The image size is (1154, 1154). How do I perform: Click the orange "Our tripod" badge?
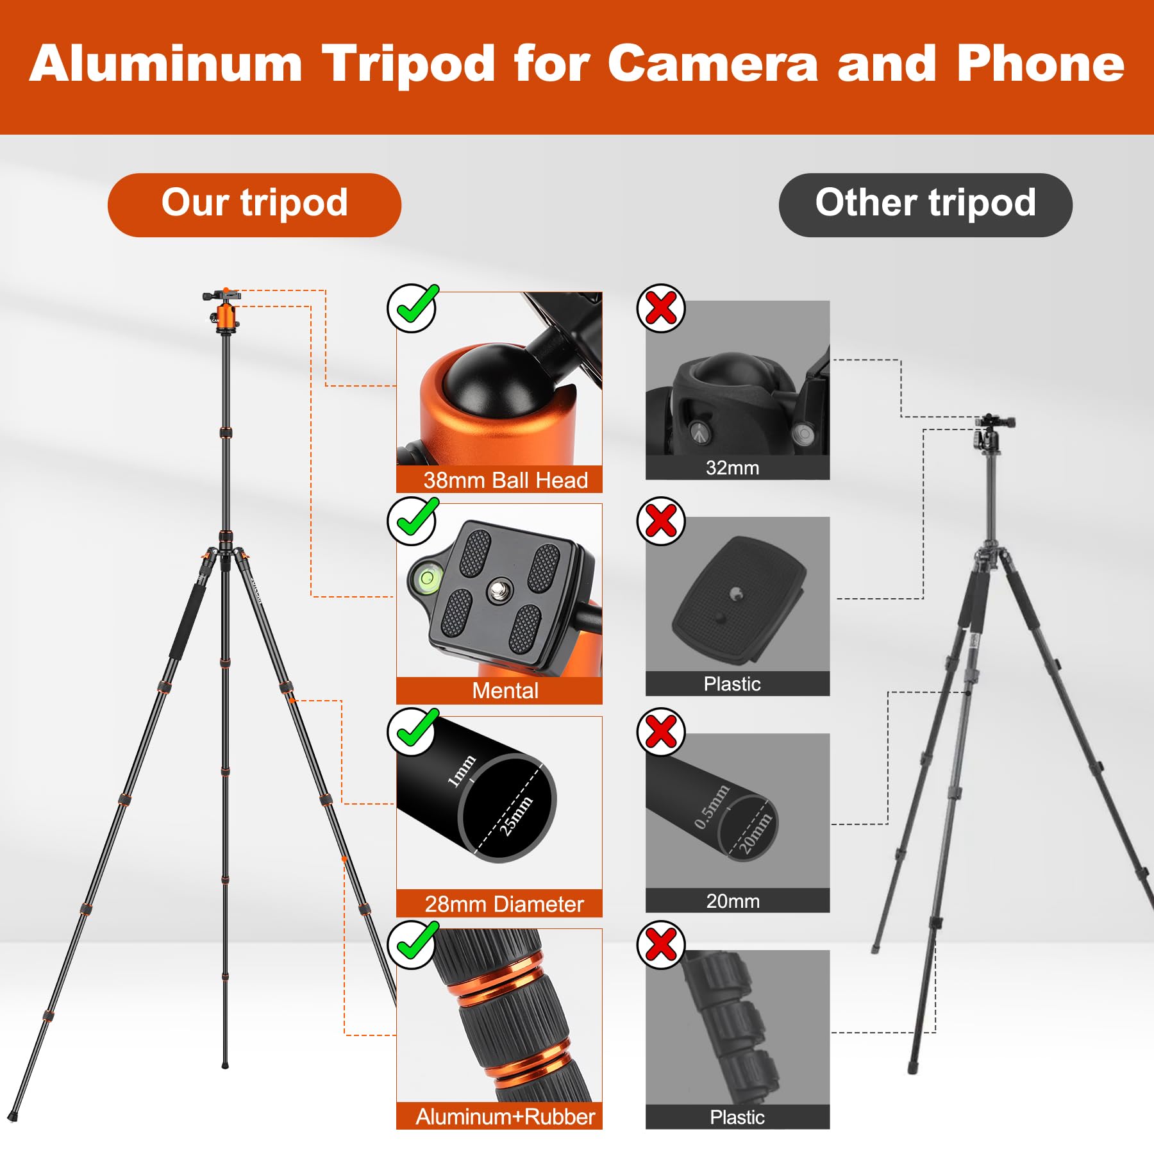tap(254, 205)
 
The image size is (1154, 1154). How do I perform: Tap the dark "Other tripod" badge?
tap(925, 205)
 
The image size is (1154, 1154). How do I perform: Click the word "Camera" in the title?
tap(712, 64)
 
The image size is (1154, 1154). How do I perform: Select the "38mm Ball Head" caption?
tap(505, 480)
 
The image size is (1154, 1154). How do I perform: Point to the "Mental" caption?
tap(505, 690)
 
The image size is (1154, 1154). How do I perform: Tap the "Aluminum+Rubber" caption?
tap(505, 1117)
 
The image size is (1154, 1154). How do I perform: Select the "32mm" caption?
tap(732, 468)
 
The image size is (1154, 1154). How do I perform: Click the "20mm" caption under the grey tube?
tap(733, 901)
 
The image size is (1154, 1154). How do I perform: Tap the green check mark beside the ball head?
tap(412, 308)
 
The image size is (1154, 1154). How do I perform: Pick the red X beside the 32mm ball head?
tap(661, 308)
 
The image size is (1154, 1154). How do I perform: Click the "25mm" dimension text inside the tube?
tap(517, 815)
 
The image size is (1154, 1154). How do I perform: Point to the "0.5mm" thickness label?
tap(712, 807)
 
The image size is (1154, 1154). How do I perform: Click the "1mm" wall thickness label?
tap(462, 771)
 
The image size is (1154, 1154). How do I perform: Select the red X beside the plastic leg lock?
tap(661, 945)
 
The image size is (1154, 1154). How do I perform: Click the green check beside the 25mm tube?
tap(412, 732)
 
